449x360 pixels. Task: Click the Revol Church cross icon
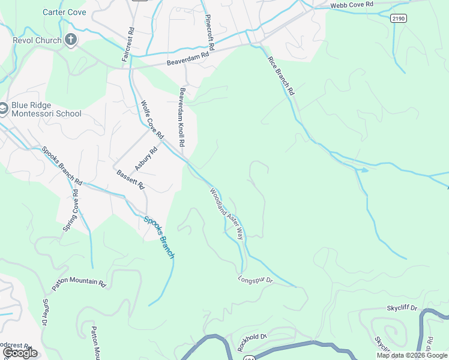pyautogui.click(x=70, y=40)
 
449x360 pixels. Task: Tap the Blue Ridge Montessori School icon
pyautogui.click(x=3, y=109)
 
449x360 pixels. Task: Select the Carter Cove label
pyautogui.click(x=64, y=12)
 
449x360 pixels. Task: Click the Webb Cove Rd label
pyautogui.click(x=352, y=5)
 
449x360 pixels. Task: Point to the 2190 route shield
pyautogui.click(x=398, y=19)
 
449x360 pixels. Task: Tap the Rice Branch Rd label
pyautogui.click(x=281, y=76)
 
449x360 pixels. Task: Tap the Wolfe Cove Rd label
pyautogui.click(x=152, y=119)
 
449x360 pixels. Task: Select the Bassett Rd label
pyautogui.click(x=131, y=179)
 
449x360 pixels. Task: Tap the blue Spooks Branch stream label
pyautogui.click(x=159, y=236)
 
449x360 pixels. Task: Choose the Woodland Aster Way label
pyautogui.click(x=226, y=214)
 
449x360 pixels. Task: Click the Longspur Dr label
pyautogui.click(x=255, y=280)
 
